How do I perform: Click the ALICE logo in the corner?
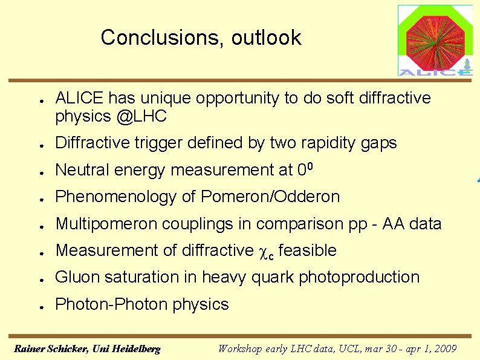point(435,41)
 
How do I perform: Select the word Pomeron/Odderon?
point(270,197)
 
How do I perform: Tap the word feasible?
point(307,250)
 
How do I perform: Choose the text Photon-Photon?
point(111,304)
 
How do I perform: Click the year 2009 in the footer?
point(445,349)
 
